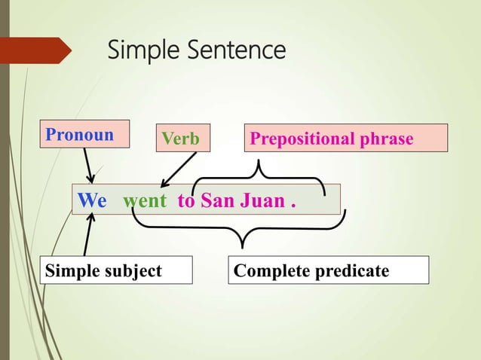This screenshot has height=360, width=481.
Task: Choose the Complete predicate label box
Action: (x=328, y=270)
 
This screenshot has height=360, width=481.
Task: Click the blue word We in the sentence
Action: (x=93, y=202)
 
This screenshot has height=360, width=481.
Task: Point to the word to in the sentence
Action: (x=185, y=202)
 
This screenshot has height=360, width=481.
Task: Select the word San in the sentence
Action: (x=216, y=202)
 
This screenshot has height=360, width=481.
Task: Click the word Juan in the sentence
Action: (x=260, y=202)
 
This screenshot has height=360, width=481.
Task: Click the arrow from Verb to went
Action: (x=179, y=169)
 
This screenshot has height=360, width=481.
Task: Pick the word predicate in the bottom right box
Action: (x=354, y=270)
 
